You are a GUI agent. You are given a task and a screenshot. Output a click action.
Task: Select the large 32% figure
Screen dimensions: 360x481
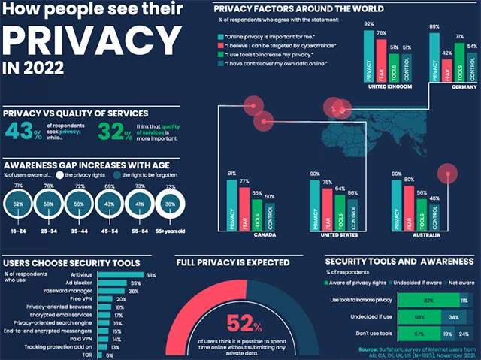(114, 132)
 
